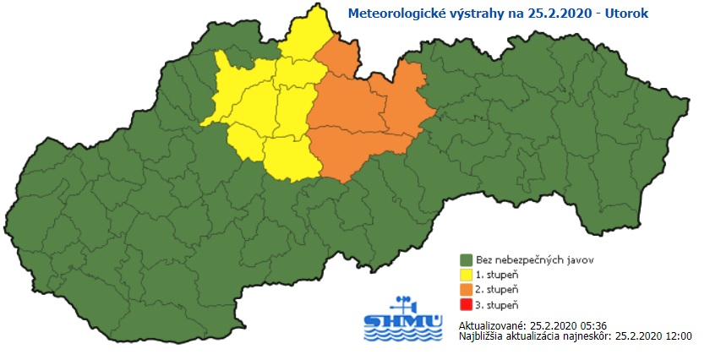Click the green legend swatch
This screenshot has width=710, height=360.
(x=465, y=259)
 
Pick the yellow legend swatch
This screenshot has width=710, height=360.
(x=465, y=275)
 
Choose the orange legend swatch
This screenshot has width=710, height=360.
(x=465, y=289)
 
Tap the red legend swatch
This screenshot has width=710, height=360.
(x=465, y=304)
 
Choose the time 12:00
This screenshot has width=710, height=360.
(x=679, y=336)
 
